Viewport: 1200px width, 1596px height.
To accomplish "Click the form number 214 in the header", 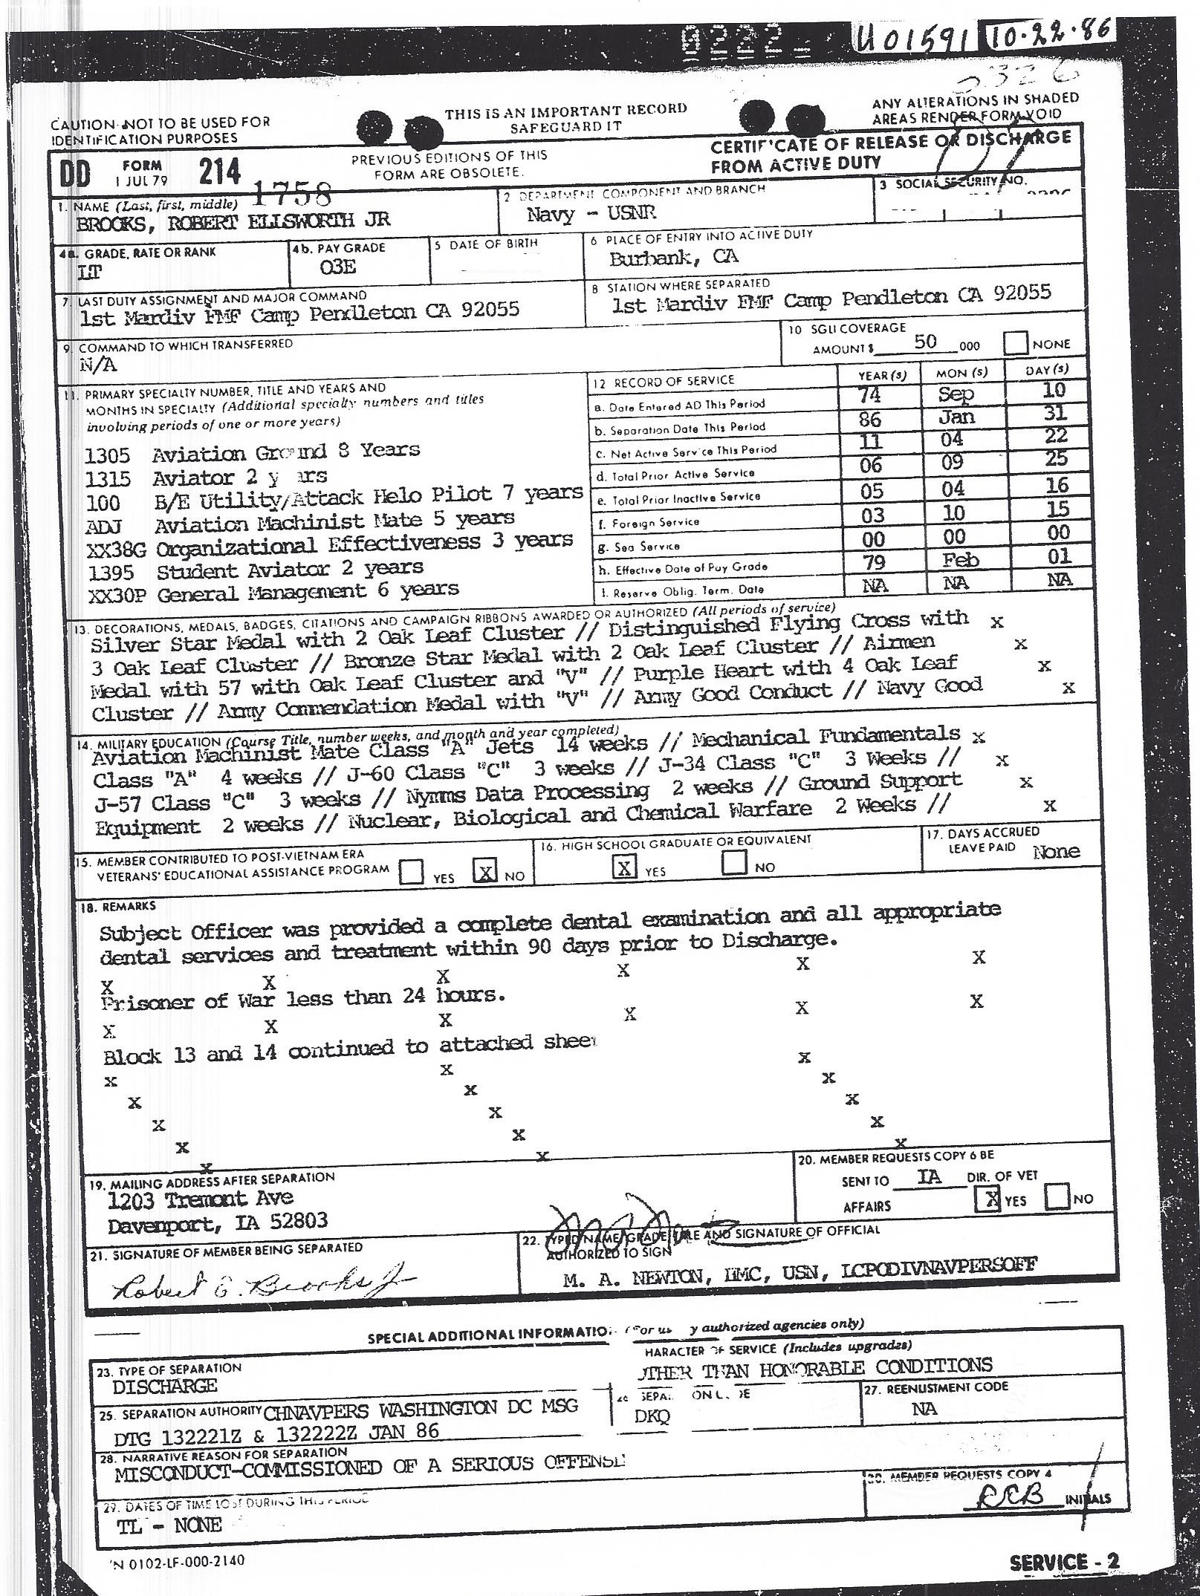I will [220, 172].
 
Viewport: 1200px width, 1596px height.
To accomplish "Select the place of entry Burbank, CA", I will [674, 258].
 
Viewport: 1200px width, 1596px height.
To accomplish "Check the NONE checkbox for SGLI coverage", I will [1015, 343].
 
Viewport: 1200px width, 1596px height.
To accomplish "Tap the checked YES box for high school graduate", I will [625, 866].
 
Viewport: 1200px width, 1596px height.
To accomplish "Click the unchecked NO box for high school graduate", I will [735, 862].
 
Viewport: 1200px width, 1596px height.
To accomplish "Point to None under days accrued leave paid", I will [1056, 852].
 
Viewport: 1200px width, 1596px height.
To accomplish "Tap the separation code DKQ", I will [652, 1416].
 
